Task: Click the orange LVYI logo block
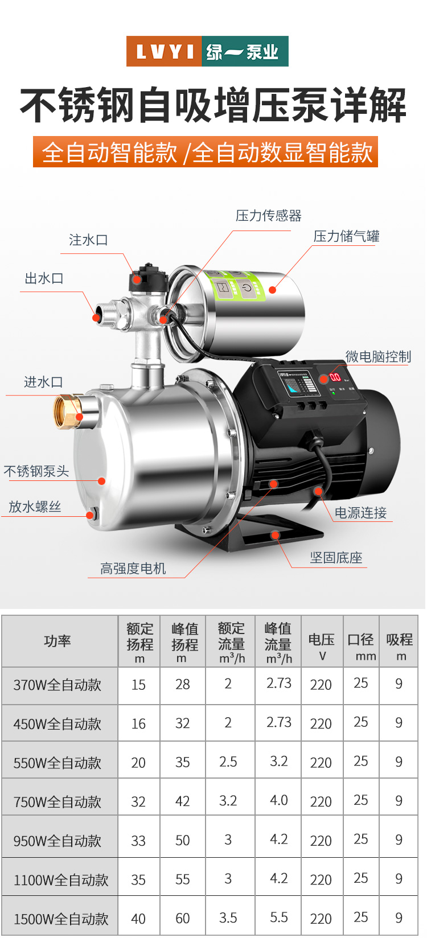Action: coord(164,51)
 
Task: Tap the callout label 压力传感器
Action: coord(269,216)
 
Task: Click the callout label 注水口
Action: coord(88,240)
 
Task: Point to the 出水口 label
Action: coord(44,278)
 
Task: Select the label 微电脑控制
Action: coord(378,356)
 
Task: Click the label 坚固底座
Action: coord(336,557)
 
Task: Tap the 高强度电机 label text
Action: coord(133,568)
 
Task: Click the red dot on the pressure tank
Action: coord(272,289)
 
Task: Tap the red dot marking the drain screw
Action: coord(90,515)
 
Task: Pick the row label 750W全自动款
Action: coord(58,801)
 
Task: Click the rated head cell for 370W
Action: coord(138,685)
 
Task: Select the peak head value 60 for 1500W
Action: coord(182,918)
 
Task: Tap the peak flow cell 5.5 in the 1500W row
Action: coord(278,918)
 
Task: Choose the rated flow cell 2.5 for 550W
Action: coord(228,762)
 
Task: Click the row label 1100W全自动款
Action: coord(61,879)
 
